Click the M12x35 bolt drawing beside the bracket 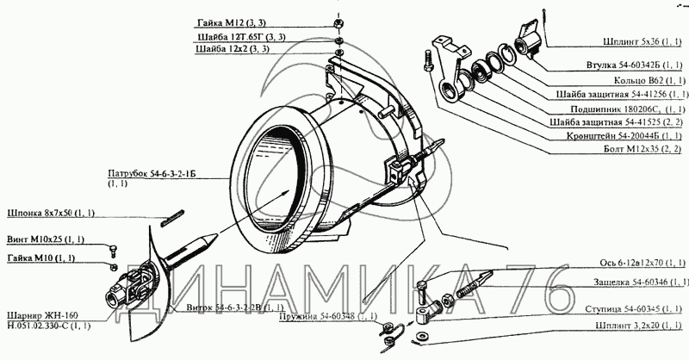(427, 69)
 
